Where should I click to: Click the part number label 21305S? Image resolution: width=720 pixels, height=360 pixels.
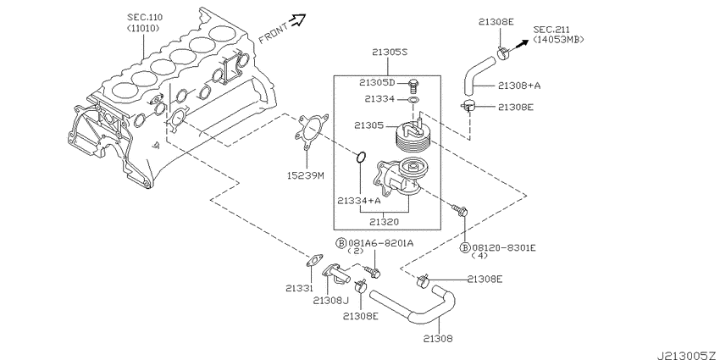[x=390, y=52]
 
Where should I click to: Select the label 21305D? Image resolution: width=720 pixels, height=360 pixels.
[x=376, y=82]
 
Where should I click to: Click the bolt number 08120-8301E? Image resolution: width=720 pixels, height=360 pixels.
[x=509, y=247]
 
